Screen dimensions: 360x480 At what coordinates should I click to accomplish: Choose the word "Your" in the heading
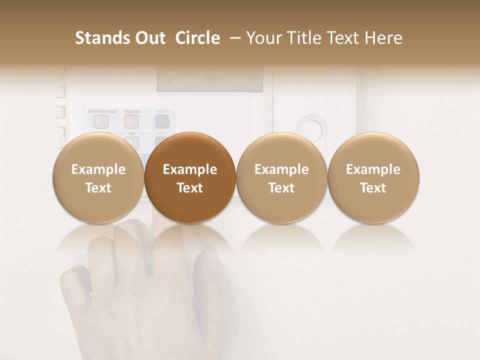[264, 38]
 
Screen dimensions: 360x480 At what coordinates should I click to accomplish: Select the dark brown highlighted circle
[190, 178]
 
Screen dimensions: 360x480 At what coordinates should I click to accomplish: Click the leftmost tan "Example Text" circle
[98, 178]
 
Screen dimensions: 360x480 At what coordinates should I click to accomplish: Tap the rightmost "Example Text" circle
[373, 178]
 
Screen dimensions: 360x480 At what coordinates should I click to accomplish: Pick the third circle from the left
[281, 178]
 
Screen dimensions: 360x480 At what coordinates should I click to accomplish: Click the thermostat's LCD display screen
[209, 78]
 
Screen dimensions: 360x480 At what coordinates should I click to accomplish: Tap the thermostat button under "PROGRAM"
[131, 121]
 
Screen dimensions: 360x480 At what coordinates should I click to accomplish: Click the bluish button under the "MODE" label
[161, 121]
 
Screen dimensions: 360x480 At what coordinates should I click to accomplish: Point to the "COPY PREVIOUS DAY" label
[102, 111]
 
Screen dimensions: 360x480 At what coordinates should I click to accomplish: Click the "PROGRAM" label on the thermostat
[131, 111]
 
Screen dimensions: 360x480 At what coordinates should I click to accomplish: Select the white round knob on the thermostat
[310, 127]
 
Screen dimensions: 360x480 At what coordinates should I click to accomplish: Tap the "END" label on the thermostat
[131, 134]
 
